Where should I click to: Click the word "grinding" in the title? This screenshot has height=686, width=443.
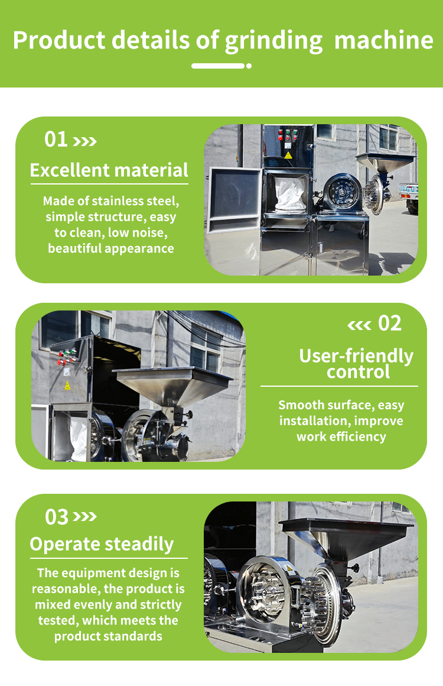coord(274,41)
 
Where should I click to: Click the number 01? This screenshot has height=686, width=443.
coord(56,140)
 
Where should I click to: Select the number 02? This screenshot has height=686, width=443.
coord(390,323)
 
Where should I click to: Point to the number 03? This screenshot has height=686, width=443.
coord(57,517)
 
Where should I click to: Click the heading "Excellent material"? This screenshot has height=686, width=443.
coord(109,170)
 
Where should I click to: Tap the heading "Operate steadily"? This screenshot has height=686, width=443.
coord(102,544)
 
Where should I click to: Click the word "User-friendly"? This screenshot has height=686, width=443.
coord(356,356)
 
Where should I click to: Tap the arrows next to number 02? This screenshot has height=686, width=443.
coord(359,325)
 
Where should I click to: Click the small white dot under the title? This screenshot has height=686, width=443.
coord(249,66)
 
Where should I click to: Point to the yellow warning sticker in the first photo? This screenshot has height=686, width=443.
coord(288,156)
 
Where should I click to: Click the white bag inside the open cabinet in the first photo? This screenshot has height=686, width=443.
coord(290,194)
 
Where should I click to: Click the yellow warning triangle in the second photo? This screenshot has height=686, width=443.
coord(67,386)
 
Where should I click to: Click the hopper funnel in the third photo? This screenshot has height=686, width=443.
coord(345,539)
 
